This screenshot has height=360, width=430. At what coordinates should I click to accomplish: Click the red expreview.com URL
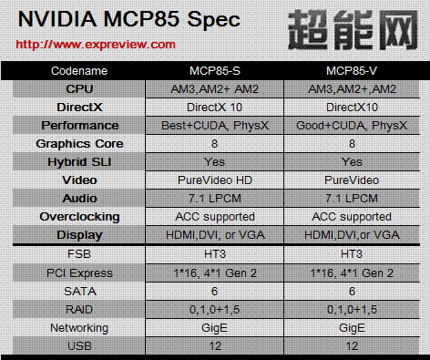pyautogui.click(x=96, y=45)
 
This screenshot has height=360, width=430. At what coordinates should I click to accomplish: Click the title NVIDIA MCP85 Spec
pyautogui.click(x=129, y=19)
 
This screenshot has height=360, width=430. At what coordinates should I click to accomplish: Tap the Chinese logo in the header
pyautogui.click(x=353, y=29)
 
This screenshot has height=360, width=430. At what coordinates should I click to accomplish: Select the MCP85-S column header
pyautogui.click(x=215, y=71)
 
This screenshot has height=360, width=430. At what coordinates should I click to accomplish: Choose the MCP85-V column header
pyautogui.click(x=352, y=71)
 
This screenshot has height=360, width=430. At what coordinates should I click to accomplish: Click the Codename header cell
pyautogui.click(x=79, y=71)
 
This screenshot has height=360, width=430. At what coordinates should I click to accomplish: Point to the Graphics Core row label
pyautogui.click(x=79, y=144)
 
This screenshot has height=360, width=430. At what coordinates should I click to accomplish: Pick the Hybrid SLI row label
pyautogui.click(x=79, y=162)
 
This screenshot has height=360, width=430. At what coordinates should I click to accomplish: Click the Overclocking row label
pyautogui.click(x=79, y=217)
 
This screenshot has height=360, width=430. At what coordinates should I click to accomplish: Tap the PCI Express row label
pyautogui.click(x=79, y=273)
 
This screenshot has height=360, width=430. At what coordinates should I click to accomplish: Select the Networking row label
pyautogui.click(x=79, y=328)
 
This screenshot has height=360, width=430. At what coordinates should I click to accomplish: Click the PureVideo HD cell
pyautogui.click(x=215, y=180)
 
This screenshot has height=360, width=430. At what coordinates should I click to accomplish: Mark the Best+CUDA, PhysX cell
pyautogui.click(x=215, y=126)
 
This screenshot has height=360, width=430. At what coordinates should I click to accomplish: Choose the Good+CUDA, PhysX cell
pyautogui.click(x=352, y=126)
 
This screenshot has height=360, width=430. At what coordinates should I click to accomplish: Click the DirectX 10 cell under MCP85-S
pyautogui.click(x=215, y=108)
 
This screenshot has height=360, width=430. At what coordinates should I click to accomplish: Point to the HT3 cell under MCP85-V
pyautogui.click(x=352, y=253)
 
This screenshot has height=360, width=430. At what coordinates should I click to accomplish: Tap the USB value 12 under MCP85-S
pyautogui.click(x=215, y=346)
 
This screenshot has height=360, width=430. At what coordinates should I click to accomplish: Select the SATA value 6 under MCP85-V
pyautogui.click(x=352, y=292)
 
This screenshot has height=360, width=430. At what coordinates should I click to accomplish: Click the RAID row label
pyautogui.click(x=79, y=310)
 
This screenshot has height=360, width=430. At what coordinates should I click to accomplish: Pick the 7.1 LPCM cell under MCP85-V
pyautogui.click(x=352, y=199)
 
